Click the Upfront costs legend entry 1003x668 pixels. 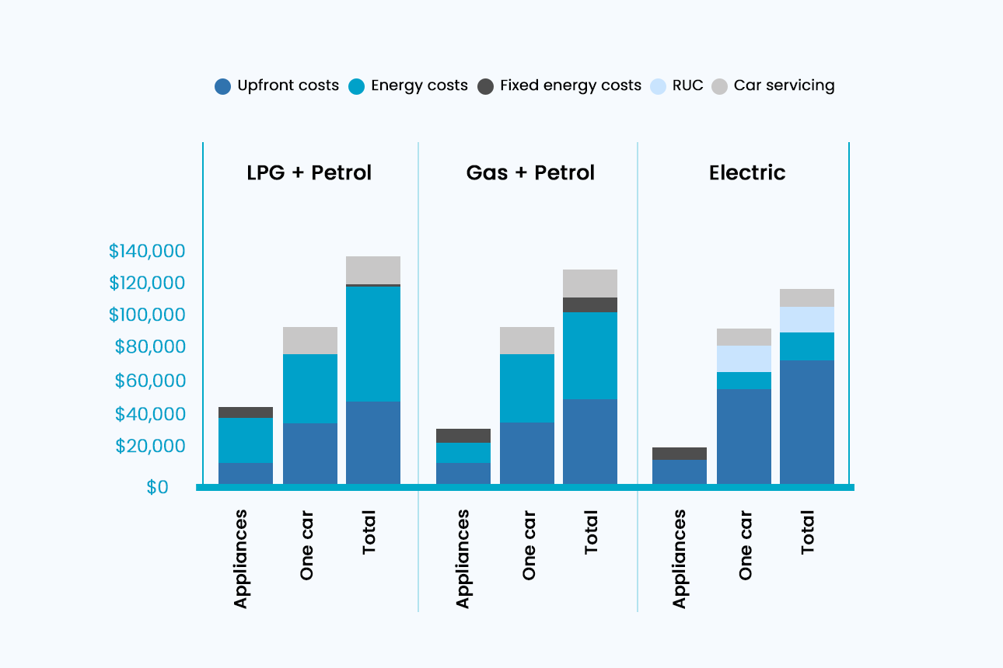[x=278, y=86]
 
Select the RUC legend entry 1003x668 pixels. [x=677, y=86]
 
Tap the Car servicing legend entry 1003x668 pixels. [x=774, y=86]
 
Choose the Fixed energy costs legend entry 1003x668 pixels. [x=560, y=86]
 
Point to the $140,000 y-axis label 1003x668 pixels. [x=147, y=251]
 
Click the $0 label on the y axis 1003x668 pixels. [x=157, y=487]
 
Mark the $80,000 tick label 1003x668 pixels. [x=150, y=347]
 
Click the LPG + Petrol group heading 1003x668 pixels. [x=309, y=172]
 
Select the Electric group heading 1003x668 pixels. [x=747, y=172]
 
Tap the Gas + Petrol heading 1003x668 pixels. [x=530, y=172]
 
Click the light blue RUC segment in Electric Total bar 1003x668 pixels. [x=807, y=319]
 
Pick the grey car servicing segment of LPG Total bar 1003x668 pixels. [x=373, y=270]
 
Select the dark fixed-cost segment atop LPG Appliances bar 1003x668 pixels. [x=246, y=412]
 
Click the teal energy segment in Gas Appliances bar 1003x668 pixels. [x=463, y=453]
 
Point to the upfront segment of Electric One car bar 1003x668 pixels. [x=744, y=437]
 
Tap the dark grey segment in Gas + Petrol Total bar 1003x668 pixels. [x=590, y=304]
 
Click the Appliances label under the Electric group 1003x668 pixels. [x=680, y=558]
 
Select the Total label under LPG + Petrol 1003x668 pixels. [x=369, y=532]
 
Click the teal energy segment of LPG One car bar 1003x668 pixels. [x=310, y=388]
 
